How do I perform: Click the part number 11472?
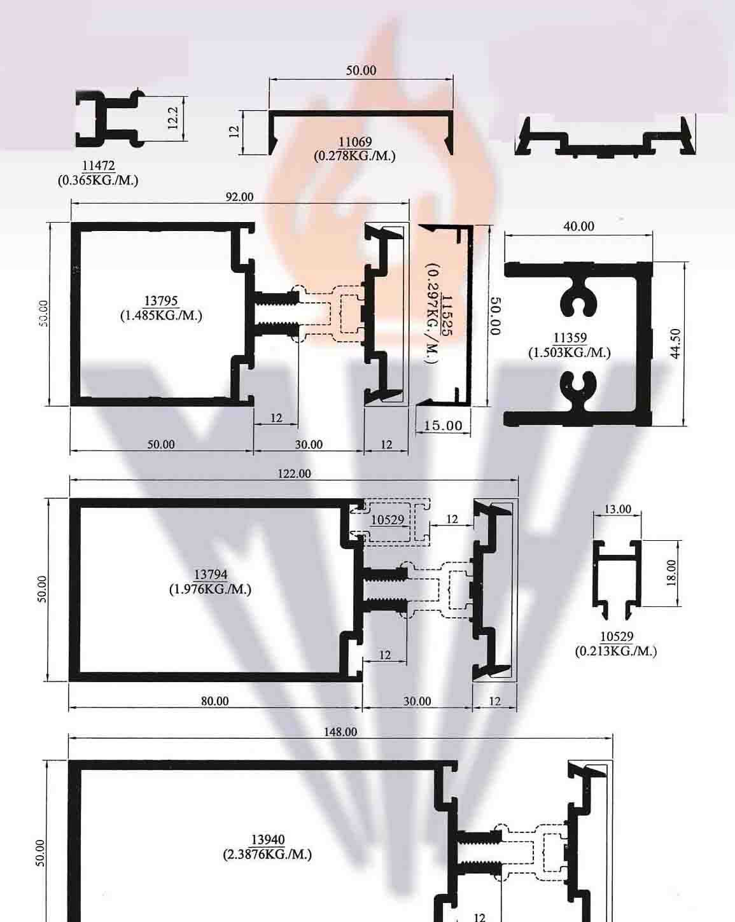pos(98,165)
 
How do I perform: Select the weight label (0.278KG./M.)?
pos(354,155)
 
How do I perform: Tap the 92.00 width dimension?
pos(239,197)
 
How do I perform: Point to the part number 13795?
pos(161,301)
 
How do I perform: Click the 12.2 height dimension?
pos(172,118)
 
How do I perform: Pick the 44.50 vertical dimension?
pos(675,344)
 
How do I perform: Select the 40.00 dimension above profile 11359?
pos(578,227)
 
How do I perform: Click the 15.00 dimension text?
pos(443,426)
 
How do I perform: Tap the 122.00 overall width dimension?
pos(294,473)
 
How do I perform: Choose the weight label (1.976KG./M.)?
pos(210,589)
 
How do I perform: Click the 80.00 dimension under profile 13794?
pos(214,701)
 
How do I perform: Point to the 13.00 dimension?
pos(617,509)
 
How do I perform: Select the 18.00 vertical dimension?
pos(671,573)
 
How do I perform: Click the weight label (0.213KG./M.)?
pos(616,651)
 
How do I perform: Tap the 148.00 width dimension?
pos(340,732)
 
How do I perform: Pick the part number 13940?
pos(268,840)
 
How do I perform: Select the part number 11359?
pos(570,338)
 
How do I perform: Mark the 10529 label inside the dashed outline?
pos(388,520)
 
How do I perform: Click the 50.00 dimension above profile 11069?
pos(361,70)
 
